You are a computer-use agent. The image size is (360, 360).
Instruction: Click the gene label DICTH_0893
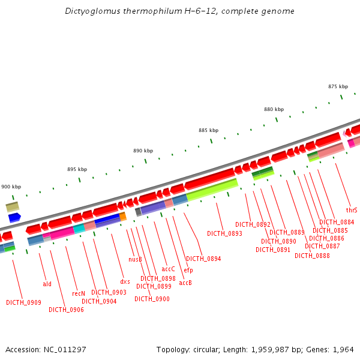(224, 233)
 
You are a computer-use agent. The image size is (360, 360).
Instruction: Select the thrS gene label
(352, 211)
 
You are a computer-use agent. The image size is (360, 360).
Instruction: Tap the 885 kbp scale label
(208, 130)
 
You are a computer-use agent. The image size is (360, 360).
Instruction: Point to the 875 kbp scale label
(338, 86)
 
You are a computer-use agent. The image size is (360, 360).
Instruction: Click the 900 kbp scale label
(11, 187)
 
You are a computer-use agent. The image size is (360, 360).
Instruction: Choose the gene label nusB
(135, 260)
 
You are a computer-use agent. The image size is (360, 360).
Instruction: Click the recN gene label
(79, 294)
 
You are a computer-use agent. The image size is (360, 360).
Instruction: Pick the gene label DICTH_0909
(23, 302)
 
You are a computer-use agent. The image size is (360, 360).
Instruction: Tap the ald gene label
(47, 284)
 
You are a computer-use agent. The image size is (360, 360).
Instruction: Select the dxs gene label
(125, 281)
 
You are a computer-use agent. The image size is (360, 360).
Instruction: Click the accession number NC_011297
(63, 350)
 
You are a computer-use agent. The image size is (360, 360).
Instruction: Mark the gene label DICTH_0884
(337, 222)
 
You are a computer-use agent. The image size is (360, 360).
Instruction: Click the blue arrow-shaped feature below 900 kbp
(14, 217)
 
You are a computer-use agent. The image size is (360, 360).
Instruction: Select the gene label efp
(188, 271)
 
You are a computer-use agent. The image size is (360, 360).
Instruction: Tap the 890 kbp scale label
(143, 151)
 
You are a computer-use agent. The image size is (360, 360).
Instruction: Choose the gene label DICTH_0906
(66, 310)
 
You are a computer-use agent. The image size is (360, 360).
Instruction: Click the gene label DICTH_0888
(312, 256)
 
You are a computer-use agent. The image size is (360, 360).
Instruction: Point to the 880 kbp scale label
(274, 109)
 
